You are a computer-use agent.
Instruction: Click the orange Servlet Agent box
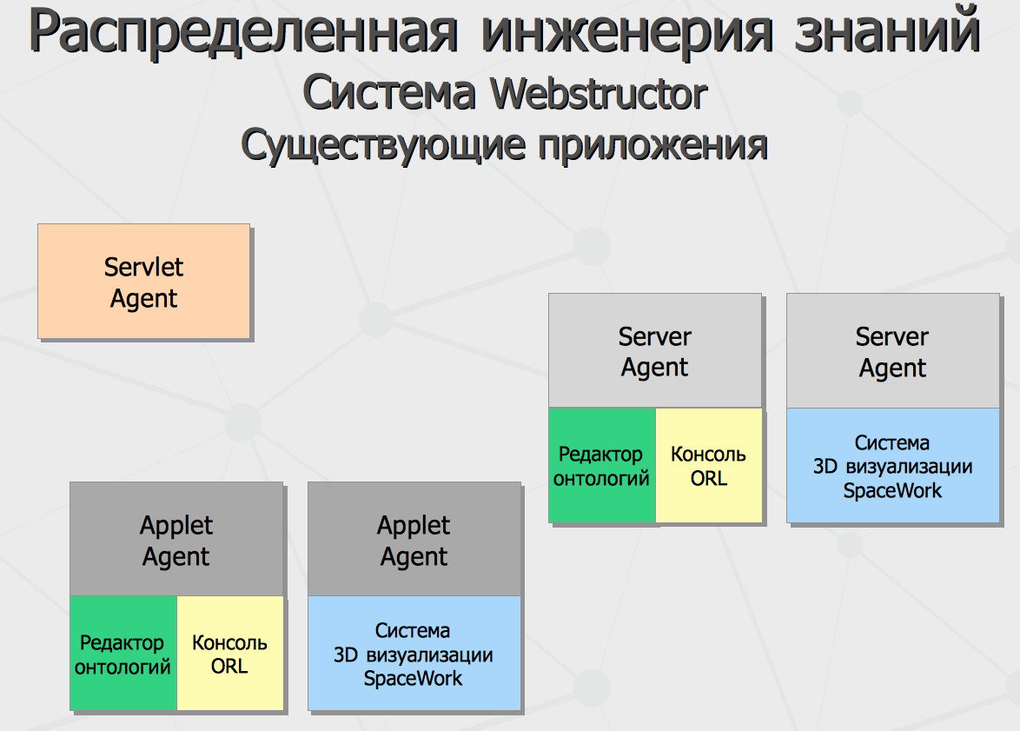click(x=143, y=282)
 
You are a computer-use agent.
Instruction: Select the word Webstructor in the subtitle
click(x=599, y=94)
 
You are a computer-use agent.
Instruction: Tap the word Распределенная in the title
click(x=243, y=32)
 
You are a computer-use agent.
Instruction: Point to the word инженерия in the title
click(x=627, y=32)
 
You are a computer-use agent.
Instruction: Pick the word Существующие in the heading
click(x=382, y=145)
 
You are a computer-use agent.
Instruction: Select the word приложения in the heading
click(x=652, y=145)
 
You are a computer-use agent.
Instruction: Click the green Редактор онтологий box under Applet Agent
click(x=123, y=653)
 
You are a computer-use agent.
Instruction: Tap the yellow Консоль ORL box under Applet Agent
click(x=230, y=653)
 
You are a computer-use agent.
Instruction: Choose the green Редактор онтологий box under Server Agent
click(x=602, y=465)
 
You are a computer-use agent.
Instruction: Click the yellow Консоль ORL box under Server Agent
click(x=709, y=465)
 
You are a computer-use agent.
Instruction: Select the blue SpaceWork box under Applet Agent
click(x=414, y=653)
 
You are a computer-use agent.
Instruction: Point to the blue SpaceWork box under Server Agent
click(x=893, y=465)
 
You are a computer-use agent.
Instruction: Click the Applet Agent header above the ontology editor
click(x=176, y=539)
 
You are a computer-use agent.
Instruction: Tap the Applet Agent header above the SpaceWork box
click(x=414, y=539)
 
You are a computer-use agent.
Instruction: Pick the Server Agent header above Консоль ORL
click(x=655, y=351)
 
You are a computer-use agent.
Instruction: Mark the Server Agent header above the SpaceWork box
click(x=893, y=351)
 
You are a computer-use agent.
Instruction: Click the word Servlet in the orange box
click(x=143, y=267)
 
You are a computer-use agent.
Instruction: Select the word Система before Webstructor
click(x=389, y=92)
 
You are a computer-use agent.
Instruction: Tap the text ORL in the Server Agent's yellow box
click(x=709, y=478)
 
